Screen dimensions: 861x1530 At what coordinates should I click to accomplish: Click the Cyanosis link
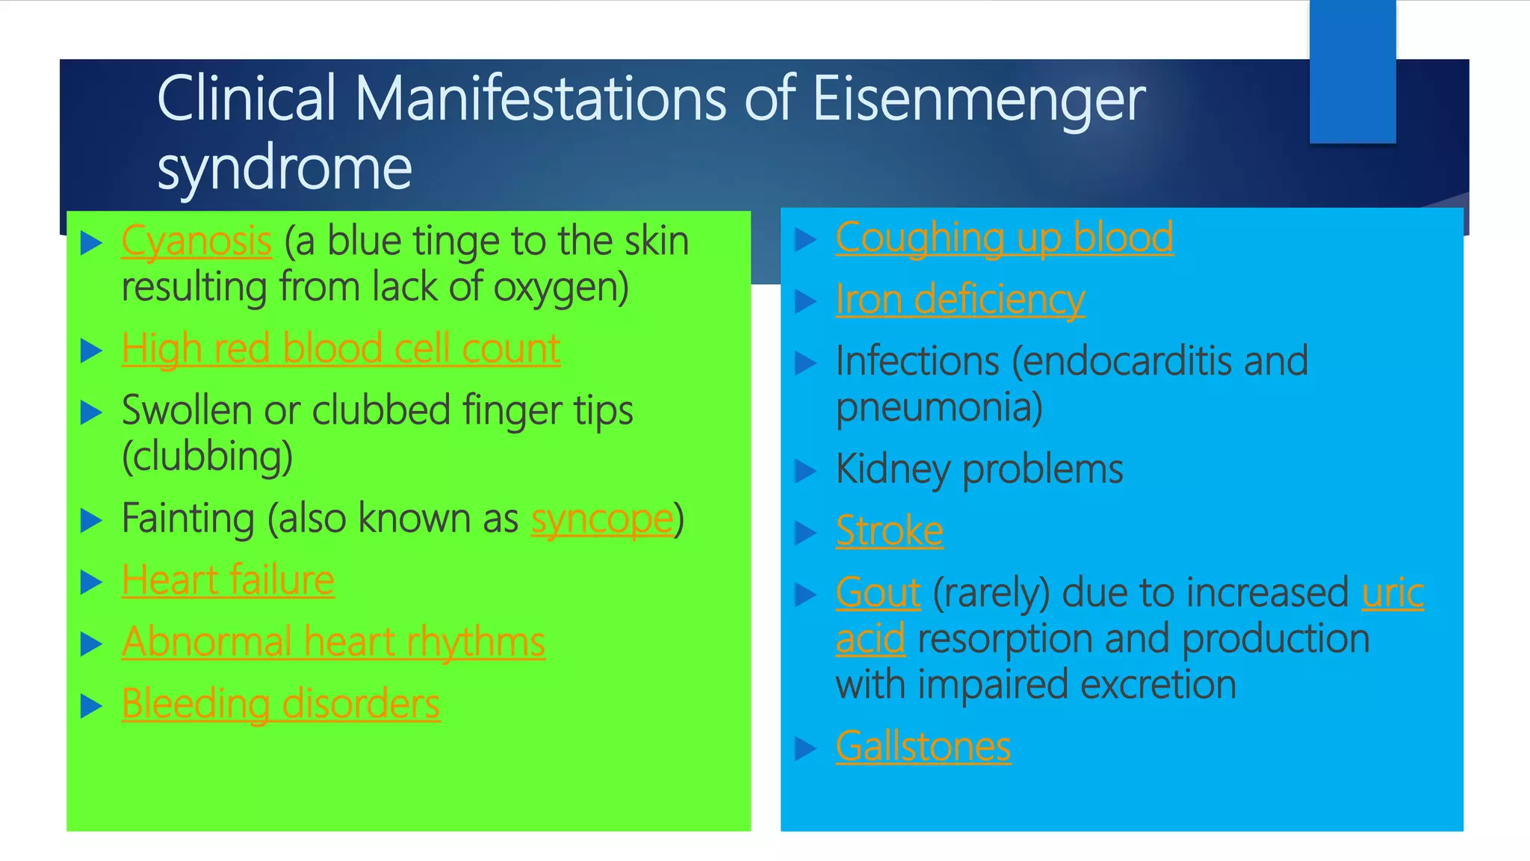pos(196,241)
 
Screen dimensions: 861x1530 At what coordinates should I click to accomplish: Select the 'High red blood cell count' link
pos(341,349)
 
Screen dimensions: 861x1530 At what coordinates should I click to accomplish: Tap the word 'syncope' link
pos(602,519)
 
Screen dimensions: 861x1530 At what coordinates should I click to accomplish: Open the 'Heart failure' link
pos(228,581)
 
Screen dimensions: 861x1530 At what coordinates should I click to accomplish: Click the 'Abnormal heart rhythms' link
pos(333,643)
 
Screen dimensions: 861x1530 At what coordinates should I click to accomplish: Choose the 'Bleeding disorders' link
pos(281,705)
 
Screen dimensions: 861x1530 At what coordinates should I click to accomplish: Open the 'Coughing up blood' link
pos(1004,238)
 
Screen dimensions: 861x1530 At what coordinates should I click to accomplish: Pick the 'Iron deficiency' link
pos(960,300)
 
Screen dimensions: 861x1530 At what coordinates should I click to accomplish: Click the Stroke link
pos(889,531)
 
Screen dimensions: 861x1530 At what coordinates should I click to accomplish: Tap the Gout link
pos(878,593)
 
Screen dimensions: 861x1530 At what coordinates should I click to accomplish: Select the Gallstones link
pos(923,747)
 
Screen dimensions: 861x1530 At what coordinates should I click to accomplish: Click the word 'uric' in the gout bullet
pos(1393,593)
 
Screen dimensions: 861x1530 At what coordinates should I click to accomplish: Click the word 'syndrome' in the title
pos(285,168)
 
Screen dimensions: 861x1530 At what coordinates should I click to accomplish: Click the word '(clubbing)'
pos(207,457)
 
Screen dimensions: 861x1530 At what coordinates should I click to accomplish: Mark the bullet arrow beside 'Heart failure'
pos(90,581)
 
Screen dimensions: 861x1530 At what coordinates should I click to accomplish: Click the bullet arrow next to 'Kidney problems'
pos(805,471)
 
